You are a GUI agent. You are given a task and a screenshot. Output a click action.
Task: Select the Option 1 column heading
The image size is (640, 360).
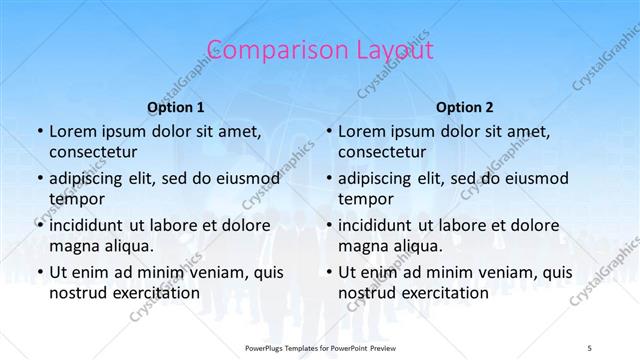(x=176, y=107)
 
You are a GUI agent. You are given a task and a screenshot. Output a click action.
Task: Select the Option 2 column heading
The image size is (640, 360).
(x=465, y=107)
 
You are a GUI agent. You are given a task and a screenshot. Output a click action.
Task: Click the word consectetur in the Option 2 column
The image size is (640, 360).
(x=383, y=152)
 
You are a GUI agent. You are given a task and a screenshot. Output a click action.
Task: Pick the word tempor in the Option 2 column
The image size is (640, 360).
(x=366, y=199)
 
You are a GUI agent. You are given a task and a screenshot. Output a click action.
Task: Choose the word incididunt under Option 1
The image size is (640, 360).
(x=91, y=225)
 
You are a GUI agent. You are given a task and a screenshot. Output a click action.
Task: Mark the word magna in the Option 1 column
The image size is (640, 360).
(x=73, y=246)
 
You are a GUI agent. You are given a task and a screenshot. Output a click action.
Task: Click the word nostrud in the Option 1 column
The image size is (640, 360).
(x=77, y=293)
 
